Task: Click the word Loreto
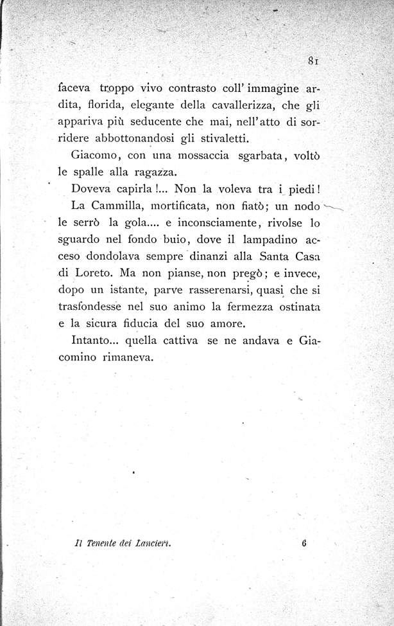click(x=96, y=273)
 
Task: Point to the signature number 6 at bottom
click(x=301, y=560)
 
